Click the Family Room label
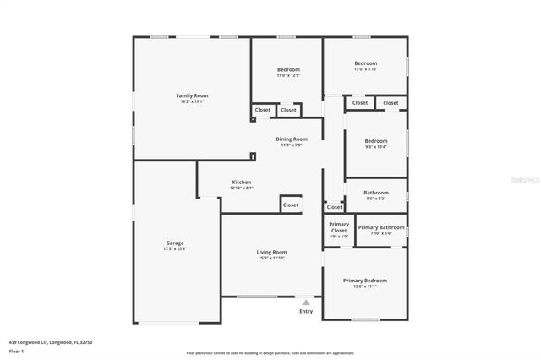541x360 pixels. tap(192, 95)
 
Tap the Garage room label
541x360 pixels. tap(174, 243)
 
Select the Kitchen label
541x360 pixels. tap(242, 182)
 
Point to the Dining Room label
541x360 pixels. tap(291, 139)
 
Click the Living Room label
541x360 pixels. tap(272, 252)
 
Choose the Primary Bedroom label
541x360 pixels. tap(365, 280)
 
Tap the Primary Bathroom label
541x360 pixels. tap(381, 227)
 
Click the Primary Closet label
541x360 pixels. tap(338, 227)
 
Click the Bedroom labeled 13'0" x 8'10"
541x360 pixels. tap(365, 63)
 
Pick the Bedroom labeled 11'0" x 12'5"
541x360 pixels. tap(288, 69)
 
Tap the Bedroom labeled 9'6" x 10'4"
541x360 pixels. tap(376, 140)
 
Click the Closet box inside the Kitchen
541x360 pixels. tap(291, 205)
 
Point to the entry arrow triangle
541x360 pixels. tap(306, 301)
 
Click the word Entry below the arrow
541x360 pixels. tap(306, 311)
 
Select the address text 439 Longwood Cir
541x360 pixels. tap(51, 341)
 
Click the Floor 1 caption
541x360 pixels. tap(16, 350)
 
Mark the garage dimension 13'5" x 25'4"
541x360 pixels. tap(174, 248)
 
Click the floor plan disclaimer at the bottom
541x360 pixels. tap(270, 353)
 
